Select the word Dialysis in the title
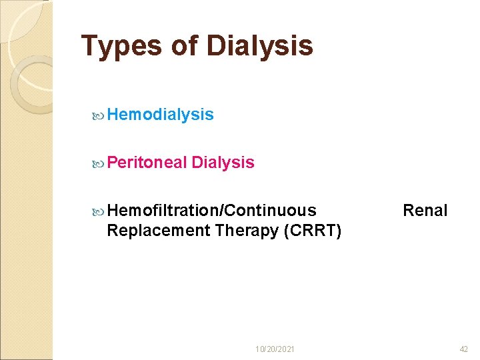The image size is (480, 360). click(259, 46)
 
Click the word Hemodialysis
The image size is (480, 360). click(160, 115)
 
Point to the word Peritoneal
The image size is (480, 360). click(146, 163)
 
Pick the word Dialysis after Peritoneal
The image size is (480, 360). click(223, 163)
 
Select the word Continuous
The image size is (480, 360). click(271, 211)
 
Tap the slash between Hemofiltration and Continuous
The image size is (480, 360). click(222, 211)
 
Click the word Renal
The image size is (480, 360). click(425, 211)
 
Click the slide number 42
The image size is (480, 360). click(464, 349)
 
